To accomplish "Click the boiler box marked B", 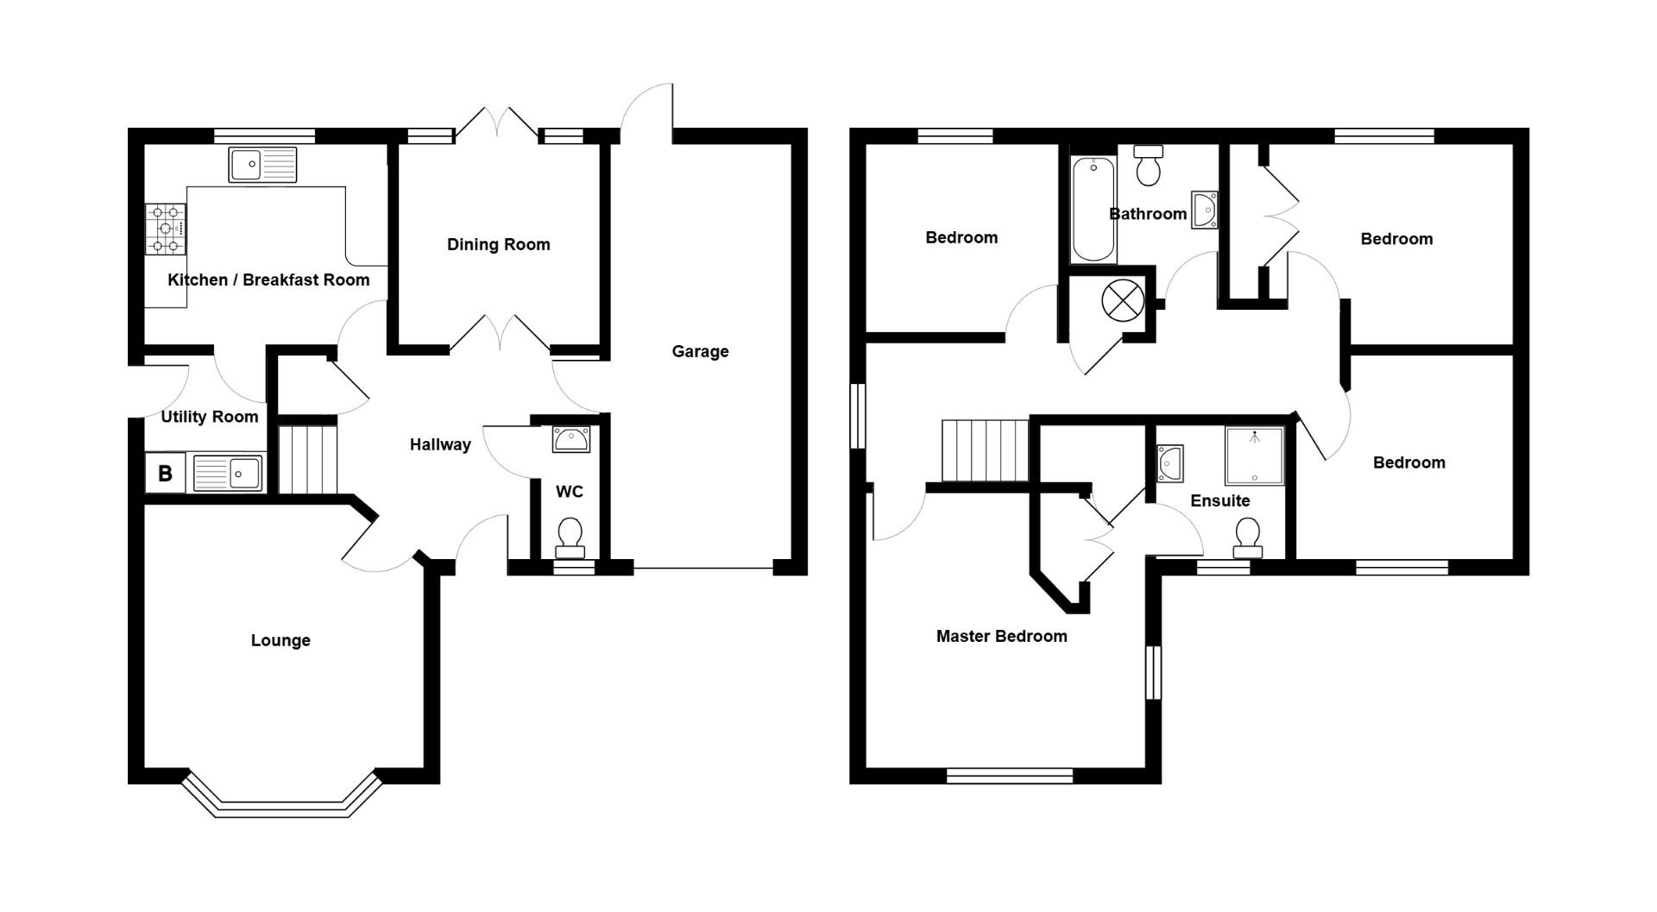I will coord(165,473).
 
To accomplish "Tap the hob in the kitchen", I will coord(165,229).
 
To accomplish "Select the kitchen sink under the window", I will coord(262,164).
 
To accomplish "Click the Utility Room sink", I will coord(228,473).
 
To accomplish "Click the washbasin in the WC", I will coord(570,440).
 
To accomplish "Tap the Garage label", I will coord(700,351).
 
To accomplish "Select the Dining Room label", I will coord(498,244).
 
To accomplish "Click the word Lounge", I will coord(280,640).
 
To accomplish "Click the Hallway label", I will coord(439,444).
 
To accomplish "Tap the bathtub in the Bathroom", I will coord(1093,210).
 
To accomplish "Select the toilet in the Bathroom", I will coord(1148,166).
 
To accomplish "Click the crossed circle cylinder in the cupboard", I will coord(1123,301).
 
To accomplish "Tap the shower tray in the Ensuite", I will coord(1254,456).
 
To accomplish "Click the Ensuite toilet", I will coord(1247,538).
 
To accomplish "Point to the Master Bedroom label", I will coord(1001,636).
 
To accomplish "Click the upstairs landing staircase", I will coord(985,450).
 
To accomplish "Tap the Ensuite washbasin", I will coord(1169,463).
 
